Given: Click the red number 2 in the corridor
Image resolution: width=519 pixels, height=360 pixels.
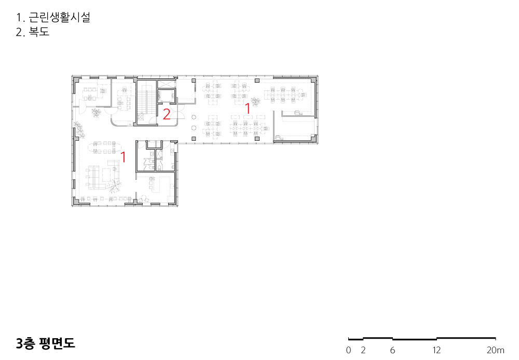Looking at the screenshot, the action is (167, 114).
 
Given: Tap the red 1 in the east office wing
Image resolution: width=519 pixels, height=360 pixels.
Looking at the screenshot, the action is (247, 108).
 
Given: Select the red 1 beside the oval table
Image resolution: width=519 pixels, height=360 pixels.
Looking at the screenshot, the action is (123, 157).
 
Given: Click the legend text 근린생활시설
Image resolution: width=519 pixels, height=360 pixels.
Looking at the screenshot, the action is (60, 17).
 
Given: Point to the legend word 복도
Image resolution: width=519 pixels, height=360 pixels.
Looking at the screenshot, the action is (39, 32).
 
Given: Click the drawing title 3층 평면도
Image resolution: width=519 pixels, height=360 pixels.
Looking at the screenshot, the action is (45, 343).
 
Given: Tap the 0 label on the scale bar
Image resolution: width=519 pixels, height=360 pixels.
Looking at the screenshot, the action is (348, 350).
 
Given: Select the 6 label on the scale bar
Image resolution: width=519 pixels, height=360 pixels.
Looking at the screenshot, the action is (392, 350).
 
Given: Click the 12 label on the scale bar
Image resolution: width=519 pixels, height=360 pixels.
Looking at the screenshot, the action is (436, 350).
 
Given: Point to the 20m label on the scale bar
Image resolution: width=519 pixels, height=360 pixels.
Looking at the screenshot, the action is (496, 350).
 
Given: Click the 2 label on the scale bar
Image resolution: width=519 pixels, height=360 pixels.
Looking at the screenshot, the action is (363, 350).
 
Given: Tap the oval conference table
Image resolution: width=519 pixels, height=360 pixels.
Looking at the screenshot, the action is (105, 148).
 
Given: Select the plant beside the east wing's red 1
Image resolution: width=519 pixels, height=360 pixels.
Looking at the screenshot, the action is (255, 101).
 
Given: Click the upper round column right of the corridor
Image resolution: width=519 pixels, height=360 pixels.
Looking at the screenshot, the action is (194, 117).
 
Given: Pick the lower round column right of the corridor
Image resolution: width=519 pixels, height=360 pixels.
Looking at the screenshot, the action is (194, 128).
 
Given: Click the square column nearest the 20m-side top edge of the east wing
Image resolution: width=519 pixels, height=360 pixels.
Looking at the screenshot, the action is (256, 81).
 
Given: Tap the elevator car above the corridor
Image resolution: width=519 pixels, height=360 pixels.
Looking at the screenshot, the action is (166, 96).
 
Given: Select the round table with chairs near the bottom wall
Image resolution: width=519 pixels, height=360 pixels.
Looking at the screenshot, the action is (144, 199).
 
